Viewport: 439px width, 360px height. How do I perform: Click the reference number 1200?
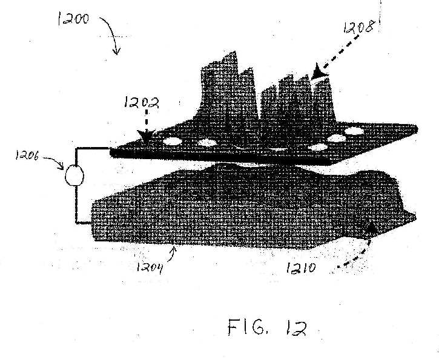point(73,19)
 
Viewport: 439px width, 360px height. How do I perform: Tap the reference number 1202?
point(141,102)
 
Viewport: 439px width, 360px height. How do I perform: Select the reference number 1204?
point(150,268)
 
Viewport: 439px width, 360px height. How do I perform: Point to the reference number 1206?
point(27,155)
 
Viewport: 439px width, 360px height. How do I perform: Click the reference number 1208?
point(359,27)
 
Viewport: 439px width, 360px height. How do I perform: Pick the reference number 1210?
point(301,268)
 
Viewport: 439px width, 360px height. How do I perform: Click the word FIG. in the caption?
point(246,327)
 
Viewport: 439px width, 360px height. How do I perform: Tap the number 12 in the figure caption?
point(296,328)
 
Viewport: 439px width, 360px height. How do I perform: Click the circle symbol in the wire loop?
point(74,175)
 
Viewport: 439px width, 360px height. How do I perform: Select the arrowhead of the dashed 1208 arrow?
point(319,71)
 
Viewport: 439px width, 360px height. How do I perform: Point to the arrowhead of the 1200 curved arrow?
point(116,51)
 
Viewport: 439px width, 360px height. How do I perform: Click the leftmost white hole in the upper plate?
point(172,141)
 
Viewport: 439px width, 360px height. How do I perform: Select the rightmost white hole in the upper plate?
point(354,131)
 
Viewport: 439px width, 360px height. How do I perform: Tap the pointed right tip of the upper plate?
point(417,129)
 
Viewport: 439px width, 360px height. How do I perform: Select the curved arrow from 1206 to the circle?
point(53,162)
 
